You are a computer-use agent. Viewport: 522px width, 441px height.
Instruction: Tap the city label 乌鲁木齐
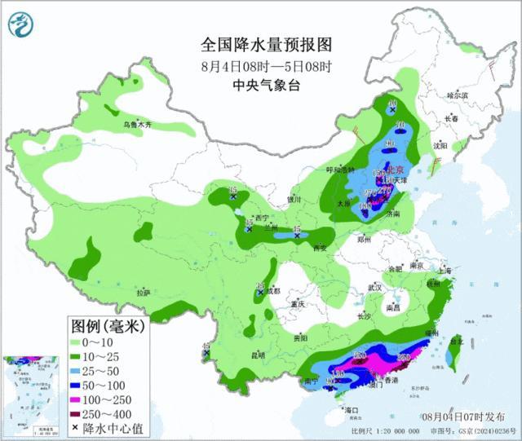pyautogui.click(x=138, y=125)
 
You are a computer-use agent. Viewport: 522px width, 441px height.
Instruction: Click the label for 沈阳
pyautogui.click(x=441, y=146)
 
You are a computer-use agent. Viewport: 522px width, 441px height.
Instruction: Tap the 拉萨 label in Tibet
pyautogui.click(x=144, y=292)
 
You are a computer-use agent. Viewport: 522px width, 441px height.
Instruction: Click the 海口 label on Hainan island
pyautogui.click(x=352, y=408)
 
